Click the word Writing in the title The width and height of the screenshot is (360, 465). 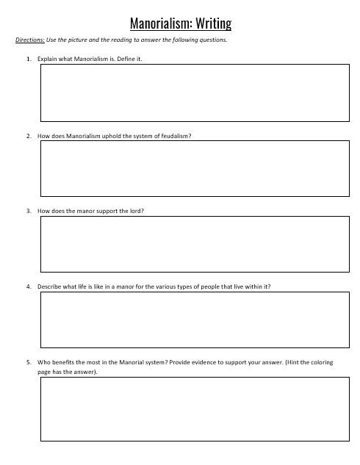click(213, 24)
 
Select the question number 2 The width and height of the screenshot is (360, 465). click(27, 135)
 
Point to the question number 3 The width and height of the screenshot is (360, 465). click(27, 212)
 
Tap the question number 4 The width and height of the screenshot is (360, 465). click(27, 286)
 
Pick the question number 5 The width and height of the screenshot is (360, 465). click(27, 362)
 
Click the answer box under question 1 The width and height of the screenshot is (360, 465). click(194, 93)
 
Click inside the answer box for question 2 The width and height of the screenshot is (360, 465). click(194, 170)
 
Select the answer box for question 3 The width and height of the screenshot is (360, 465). click(194, 245)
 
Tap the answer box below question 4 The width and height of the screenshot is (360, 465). click(194, 320)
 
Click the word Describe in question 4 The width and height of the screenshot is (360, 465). click(49, 286)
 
